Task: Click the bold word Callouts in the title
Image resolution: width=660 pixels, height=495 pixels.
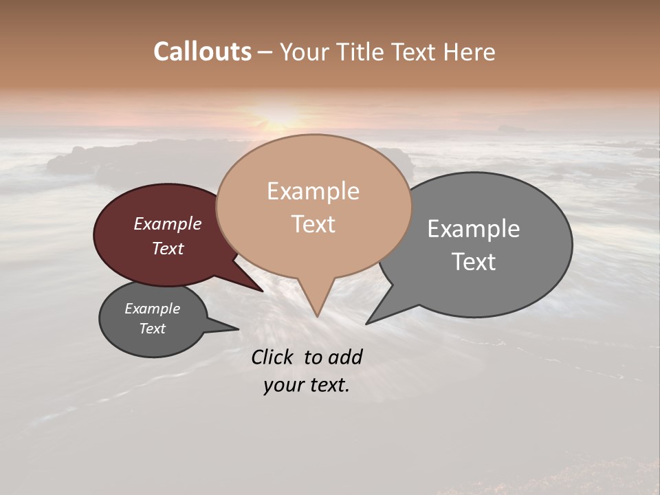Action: pos(202,52)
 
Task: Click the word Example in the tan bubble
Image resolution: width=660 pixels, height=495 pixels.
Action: pos(313,191)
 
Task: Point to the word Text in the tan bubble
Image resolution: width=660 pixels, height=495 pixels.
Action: pos(313,223)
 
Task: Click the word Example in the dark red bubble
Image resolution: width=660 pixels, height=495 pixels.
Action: pos(168,223)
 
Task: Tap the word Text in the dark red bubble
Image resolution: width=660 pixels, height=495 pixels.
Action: pos(168,248)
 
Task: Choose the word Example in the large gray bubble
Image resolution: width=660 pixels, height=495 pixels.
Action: pos(474,228)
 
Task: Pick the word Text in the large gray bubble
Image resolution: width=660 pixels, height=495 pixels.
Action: pos(474,261)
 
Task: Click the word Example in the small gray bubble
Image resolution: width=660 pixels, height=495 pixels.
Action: pos(152,309)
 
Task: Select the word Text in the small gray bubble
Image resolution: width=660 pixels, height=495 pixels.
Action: pos(152,329)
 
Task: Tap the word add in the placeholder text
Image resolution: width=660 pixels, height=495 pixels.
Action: pos(345,357)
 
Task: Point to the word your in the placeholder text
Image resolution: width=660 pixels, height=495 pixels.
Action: pos(283,385)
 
